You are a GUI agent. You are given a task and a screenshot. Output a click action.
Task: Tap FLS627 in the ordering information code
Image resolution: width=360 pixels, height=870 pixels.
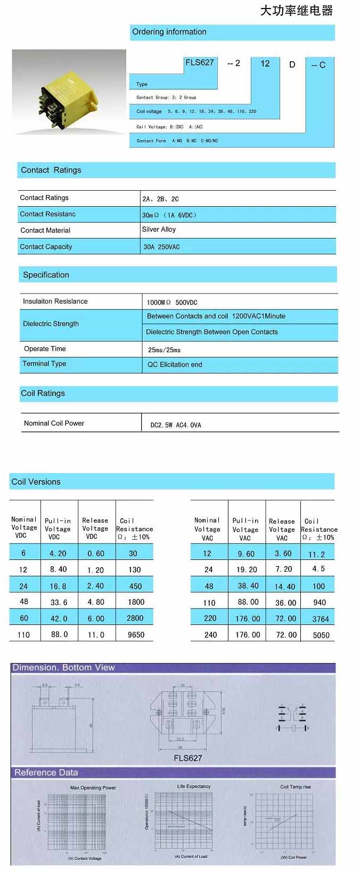point(199,63)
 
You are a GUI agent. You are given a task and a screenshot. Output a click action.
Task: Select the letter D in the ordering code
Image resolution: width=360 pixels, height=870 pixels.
point(292,64)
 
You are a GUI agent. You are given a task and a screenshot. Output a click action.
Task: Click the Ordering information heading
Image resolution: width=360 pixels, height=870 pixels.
point(169,32)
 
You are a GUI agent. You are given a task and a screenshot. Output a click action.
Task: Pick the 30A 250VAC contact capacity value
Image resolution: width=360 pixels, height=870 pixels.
point(161,247)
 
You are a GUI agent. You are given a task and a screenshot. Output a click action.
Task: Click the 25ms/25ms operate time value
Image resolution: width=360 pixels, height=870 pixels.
point(164,350)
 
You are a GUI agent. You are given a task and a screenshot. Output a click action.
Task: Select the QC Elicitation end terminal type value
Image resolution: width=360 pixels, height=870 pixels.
point(175,365)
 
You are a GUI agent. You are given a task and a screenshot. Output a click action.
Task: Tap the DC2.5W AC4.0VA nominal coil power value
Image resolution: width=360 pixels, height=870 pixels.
point(176,425)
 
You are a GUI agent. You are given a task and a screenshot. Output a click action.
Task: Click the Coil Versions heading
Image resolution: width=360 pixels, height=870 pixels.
point(36,482)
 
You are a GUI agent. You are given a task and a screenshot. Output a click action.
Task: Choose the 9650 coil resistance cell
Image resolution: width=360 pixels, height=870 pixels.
point(136,635)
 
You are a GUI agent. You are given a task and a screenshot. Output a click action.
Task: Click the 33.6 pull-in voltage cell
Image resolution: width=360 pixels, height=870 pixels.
point(59,602)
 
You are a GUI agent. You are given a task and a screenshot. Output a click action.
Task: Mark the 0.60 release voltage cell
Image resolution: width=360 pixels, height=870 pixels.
point(96,554)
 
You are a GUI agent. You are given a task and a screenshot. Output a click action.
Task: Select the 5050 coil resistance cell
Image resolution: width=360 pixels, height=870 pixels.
point(321,636)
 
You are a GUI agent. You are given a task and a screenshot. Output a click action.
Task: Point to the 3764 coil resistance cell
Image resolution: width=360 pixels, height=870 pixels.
point(321,619)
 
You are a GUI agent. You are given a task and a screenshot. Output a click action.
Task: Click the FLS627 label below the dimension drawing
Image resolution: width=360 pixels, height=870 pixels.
point(187,758)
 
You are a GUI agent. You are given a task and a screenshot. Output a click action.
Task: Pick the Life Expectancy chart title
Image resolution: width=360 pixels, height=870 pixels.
point(194,786)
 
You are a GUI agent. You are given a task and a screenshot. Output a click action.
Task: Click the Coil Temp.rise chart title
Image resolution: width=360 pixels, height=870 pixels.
point(296,787)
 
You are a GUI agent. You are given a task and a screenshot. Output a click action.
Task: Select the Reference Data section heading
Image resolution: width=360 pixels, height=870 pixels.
point(46,773)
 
